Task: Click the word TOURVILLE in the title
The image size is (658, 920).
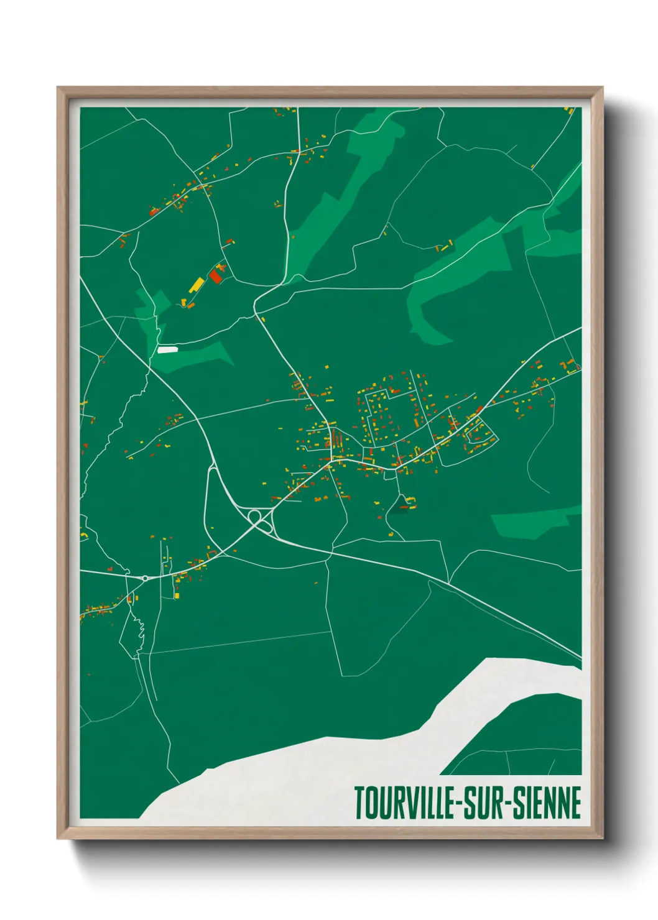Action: click(404, 803)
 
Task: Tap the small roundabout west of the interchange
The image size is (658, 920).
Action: click(145, 578)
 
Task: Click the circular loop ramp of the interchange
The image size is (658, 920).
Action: click(254, 516)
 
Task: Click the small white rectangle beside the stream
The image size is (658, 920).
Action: click(167, 350)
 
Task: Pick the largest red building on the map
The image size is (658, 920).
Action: click(216, 276)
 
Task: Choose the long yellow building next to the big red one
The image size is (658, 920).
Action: click(197, 285)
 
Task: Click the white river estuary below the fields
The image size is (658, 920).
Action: click(348, 765)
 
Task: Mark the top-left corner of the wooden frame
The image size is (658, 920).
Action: click(58, 88)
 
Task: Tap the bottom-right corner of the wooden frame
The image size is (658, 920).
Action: click(601, 837)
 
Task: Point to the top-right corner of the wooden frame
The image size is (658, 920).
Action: click(601, 88)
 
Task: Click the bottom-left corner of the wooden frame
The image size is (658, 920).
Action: click(58, 837)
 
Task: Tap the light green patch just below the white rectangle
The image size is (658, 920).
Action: click(199, 357)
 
